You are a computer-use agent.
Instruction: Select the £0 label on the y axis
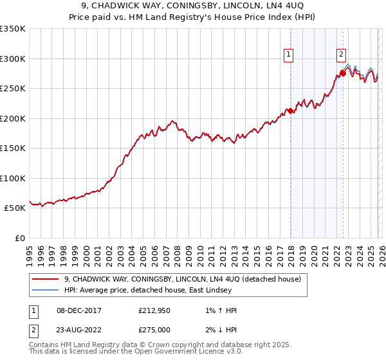click(19, 238)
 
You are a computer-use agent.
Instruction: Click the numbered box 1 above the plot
click(289, 55)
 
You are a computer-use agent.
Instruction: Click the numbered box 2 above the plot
click(341, 55)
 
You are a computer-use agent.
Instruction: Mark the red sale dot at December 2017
click(290, 111)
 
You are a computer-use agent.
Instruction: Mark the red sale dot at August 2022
click(343, 73)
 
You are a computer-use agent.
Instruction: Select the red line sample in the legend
click(46, 279)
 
